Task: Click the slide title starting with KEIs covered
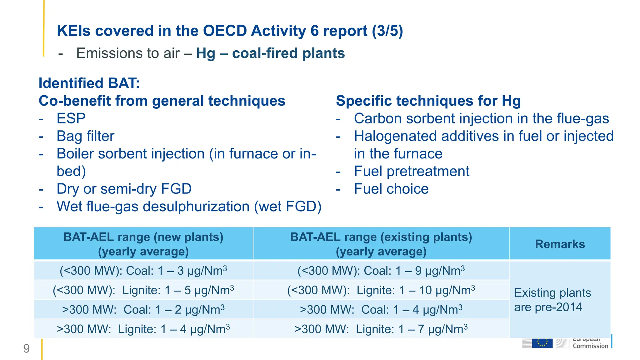(230, 31)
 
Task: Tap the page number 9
(27, 348)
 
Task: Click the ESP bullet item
(71, 118)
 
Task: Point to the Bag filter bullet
(85, 136)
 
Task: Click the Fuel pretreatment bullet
(411, 171)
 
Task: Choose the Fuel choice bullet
(391, 189)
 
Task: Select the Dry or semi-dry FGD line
(124, 189)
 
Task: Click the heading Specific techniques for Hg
(428, 101)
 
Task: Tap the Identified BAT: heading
(89, 83)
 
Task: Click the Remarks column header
(559, 244)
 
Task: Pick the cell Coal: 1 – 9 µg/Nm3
(381, 271)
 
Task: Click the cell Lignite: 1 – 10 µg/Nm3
(381, 290)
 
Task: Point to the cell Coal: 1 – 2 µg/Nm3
(143, 309)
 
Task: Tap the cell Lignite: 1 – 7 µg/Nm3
(381, 329)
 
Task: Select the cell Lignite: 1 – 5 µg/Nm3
(143, 290)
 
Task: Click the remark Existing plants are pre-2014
(552, 300)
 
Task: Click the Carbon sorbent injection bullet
(481, 119)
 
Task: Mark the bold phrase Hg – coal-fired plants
(270, 53)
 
